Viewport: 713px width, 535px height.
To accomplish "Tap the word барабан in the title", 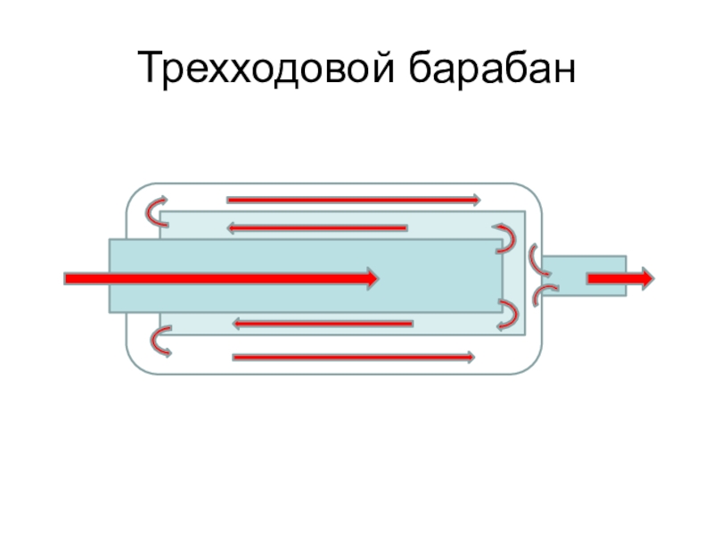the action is pyautogui.click(x=489, y=70).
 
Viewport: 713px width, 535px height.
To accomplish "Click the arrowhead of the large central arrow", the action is pyautogui.click(x=370, y=278).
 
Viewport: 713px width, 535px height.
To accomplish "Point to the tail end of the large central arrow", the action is pyautogui.click(x=70, y=278).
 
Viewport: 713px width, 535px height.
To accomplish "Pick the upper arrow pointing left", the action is pyautogui.click(x=316, y=227).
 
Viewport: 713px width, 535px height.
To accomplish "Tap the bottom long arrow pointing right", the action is pyautogui.click(x=352, y=358).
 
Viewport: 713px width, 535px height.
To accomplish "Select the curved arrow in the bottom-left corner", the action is pyautogui.click(x=160, y=340).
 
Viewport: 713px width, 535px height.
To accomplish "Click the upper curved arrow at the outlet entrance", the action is pyautogui.click(x=537, y=259).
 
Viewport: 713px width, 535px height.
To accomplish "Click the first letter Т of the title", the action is pyautogui.click(x=148, y=70).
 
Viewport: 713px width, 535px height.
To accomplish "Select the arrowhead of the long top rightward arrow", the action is pyautogui.click(x=475, y=200).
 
